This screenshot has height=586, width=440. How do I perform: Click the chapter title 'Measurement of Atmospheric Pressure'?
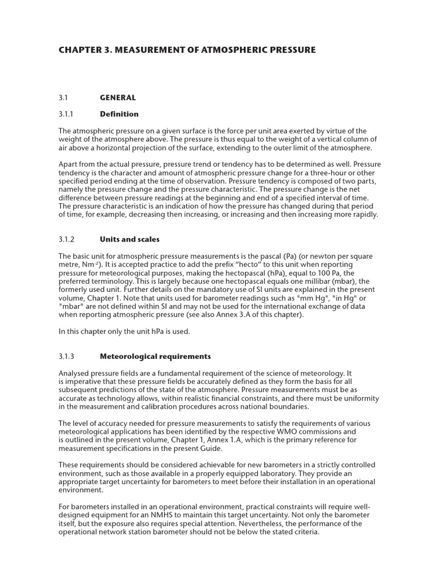point(187,50)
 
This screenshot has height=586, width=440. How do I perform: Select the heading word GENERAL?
point(117,98)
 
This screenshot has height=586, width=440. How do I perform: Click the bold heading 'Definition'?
point(119,114)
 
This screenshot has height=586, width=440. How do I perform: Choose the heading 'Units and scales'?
point(129,239)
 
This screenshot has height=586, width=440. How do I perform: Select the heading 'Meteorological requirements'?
point(155,356)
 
